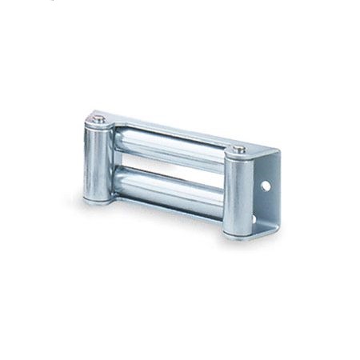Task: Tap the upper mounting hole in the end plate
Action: click(266, 186)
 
